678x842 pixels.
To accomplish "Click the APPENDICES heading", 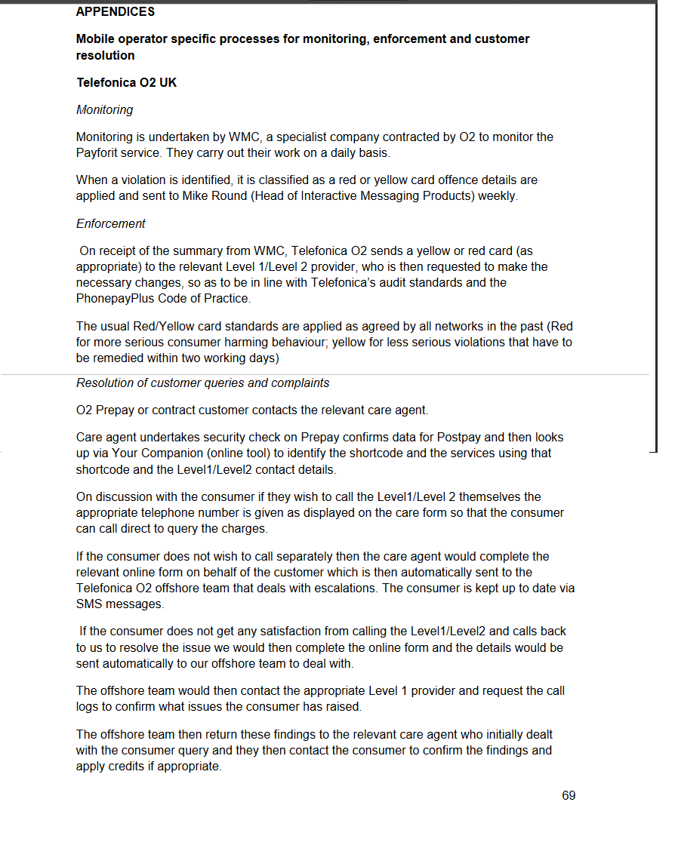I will click(116, 11).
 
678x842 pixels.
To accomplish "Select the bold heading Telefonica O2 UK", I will click(126, 82).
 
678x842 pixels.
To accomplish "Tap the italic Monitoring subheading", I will click(104, 110).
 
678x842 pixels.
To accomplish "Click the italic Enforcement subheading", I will click(110, 223).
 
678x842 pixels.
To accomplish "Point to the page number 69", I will click(569, 796).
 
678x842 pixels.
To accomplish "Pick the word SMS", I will click(89, 604).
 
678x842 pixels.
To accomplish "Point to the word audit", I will click(426, 283).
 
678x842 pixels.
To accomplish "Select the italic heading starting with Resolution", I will click(202, 383).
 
